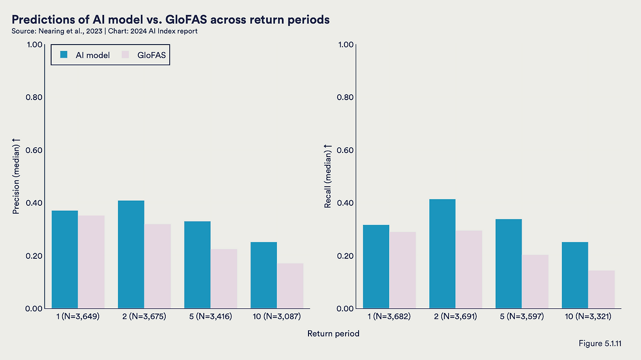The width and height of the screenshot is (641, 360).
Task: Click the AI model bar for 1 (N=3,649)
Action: (x=65, y=259)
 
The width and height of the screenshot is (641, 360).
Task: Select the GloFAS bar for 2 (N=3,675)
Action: (x=157, y=266)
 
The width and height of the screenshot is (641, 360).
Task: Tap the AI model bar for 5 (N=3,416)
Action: (x=197, y=264)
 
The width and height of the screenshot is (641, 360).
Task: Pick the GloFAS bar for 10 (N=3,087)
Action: (x=290, y=285)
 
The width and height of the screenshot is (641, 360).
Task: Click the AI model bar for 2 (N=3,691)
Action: (x=442, y=253)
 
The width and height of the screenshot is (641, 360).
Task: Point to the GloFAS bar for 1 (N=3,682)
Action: (x=403, y=270)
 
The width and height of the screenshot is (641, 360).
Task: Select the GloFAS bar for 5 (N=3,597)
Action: (x=535, y=281)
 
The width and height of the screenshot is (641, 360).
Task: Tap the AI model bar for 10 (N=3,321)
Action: (x=575, y=275)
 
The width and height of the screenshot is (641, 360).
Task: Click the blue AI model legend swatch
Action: (x=64, y=55)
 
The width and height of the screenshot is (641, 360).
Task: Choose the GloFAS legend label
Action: (x=151, y=55)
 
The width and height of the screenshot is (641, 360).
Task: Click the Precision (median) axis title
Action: (x=16, y=179)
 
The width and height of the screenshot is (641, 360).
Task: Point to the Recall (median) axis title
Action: (x=328, y=176)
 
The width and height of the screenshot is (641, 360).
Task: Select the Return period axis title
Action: (x=333, y=333)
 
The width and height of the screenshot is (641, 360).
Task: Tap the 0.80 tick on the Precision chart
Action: (x=34, y=97)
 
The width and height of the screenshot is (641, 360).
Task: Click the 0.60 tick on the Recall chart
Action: (x=346, y=150)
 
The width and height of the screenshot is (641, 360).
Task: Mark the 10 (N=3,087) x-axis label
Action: (x=276, y=316)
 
